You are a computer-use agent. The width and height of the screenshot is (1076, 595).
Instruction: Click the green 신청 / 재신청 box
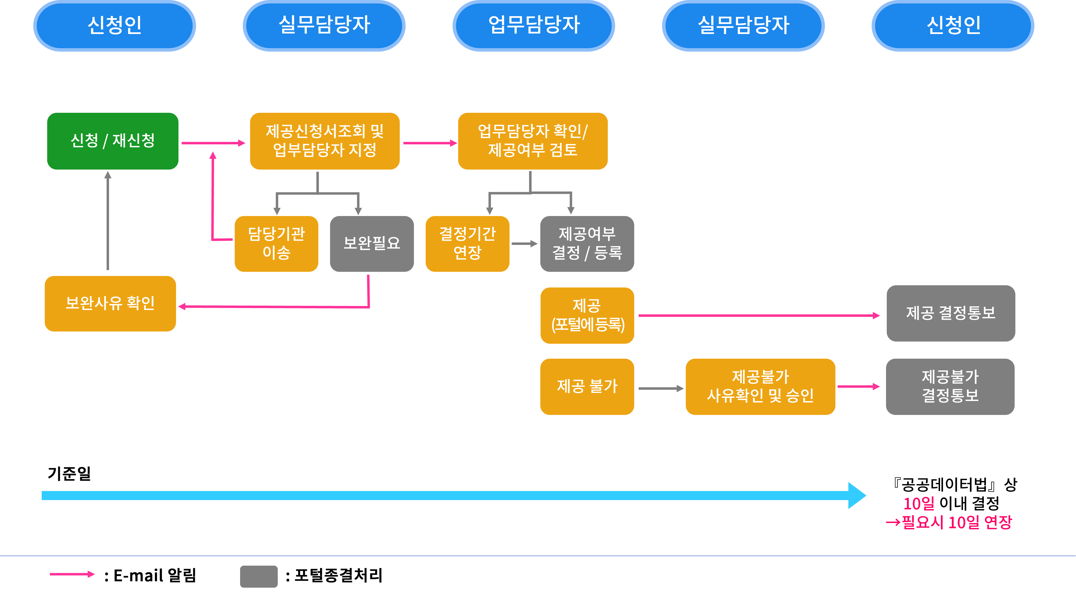tap(113, 141)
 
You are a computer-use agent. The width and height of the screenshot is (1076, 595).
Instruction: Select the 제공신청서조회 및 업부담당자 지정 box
tap(324, 141)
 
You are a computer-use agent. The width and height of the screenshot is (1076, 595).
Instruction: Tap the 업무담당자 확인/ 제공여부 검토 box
tap(532, 141)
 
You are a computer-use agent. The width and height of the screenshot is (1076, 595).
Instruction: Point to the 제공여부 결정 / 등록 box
tap(587, 244)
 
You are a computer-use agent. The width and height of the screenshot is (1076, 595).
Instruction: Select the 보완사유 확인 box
tap(110, 303)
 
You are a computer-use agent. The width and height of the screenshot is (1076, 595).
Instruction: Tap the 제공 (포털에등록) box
tap(587, 315)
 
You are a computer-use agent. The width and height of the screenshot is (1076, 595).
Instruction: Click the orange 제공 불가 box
tap(587, 387)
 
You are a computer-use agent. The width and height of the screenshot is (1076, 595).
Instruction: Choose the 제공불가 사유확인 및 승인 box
tap(760, 387)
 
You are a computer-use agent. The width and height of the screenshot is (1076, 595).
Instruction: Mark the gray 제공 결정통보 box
tap(951, 313)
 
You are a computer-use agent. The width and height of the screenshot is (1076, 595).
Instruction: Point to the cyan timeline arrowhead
tap(856, 496)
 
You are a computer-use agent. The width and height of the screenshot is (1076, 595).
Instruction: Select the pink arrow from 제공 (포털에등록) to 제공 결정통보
tap(758, 315)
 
